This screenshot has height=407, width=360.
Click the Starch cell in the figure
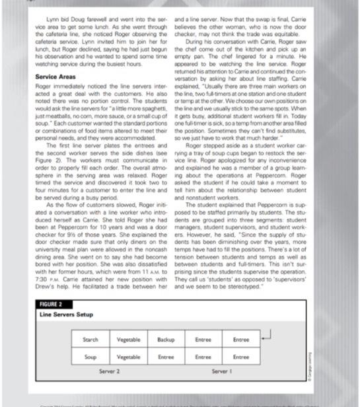click(90, 340)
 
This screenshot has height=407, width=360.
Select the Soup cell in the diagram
click(90, 357)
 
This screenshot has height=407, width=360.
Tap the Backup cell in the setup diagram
click(166, 340)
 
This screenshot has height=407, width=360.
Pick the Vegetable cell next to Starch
click(128, 340)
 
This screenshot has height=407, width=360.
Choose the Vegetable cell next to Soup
click(128, 357)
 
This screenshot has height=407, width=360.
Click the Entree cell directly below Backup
click(166, 357)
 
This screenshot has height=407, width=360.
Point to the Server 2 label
click(109, 371)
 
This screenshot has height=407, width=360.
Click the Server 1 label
click(222, 371)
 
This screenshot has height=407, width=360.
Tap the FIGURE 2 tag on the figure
click(51, 305)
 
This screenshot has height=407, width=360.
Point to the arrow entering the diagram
click(265, 338)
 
